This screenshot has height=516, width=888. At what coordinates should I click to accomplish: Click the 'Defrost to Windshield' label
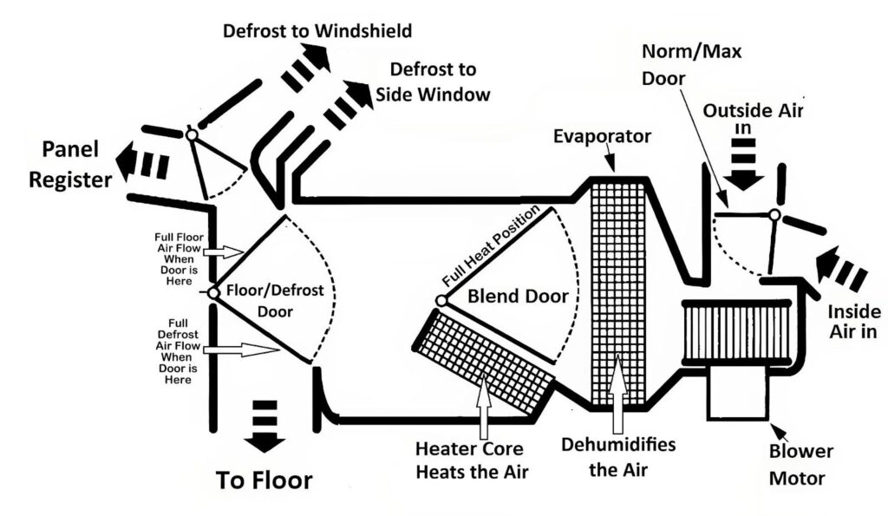[x=317, y=31]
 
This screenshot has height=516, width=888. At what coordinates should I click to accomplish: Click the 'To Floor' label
[x=264, y=480]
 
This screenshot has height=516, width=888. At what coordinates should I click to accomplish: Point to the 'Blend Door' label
[x=518, y=296]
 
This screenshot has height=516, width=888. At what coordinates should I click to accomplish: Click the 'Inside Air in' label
[x=854, y=320]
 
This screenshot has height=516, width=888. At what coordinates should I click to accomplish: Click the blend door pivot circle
[x=441, y=300]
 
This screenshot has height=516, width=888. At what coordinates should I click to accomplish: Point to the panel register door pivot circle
[x=191, y=134]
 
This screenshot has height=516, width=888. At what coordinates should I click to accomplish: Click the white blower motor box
[x=737, y=391]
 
